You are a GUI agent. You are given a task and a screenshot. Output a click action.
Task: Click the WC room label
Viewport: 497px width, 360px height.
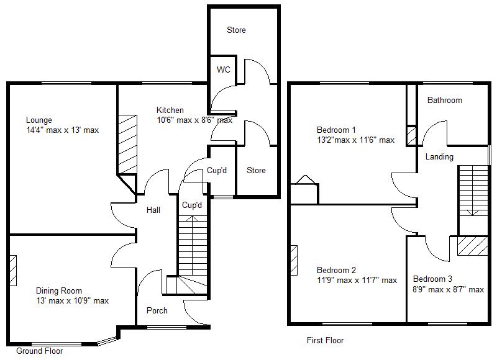click(224, 70)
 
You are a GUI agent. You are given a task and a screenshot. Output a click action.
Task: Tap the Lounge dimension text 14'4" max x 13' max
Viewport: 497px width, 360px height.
click(63, 130)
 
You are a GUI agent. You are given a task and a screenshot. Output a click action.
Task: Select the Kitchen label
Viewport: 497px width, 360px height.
click(170, 110)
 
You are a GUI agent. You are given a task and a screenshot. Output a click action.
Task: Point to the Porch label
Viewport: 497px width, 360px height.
click(157, 310)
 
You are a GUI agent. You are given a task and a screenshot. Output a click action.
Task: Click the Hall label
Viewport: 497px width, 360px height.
click(153, 210)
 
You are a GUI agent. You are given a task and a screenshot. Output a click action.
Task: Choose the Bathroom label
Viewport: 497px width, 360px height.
click(445, 101)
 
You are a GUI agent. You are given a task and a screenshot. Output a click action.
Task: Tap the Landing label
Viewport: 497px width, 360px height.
click(439, 157)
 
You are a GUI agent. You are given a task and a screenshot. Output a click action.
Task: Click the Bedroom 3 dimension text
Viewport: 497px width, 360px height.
click(448, 289)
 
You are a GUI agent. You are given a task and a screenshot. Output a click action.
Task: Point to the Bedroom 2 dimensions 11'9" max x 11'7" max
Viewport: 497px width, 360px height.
click(357, 280)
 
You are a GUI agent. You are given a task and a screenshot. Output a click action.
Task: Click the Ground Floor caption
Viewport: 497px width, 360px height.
click(40, 351)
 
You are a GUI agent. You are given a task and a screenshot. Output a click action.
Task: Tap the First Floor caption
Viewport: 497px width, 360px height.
click(325, 340)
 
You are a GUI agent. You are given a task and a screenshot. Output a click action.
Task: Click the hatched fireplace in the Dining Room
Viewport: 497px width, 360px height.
click(13, 271)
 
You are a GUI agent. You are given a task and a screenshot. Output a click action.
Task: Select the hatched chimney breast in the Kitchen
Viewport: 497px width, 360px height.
click(127, 145)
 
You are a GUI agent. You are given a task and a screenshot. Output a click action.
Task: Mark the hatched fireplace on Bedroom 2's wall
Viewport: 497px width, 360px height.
click(294, 260)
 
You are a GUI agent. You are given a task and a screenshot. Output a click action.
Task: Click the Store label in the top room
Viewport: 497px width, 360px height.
click(236, 30)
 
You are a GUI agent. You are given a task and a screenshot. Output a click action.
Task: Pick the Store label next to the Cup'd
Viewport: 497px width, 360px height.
click(256, 170)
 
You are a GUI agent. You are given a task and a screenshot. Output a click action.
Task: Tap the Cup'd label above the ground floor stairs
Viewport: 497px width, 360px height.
click(192, 205)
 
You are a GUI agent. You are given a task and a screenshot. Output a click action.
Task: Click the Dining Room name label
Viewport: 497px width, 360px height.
click(59, 290)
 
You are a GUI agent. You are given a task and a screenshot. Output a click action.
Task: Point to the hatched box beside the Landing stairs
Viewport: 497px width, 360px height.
click(472, 246)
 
